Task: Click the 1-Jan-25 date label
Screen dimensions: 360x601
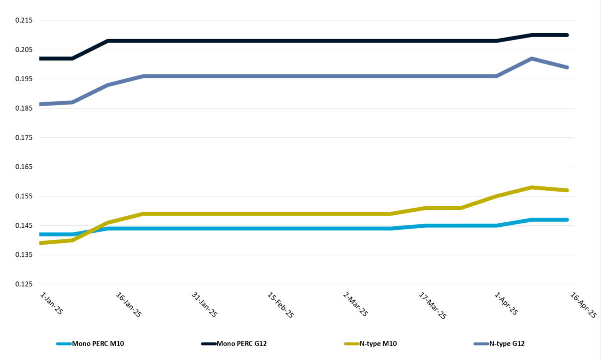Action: click(x=52, y=303)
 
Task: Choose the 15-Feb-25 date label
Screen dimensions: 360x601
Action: click(x=281, y=305)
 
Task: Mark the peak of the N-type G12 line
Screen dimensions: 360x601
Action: click(x=531, y=59)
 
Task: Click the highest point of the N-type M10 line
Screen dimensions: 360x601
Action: click(x=531, y=187)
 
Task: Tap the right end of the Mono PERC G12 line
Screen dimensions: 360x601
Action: click(x=567, y=35)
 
